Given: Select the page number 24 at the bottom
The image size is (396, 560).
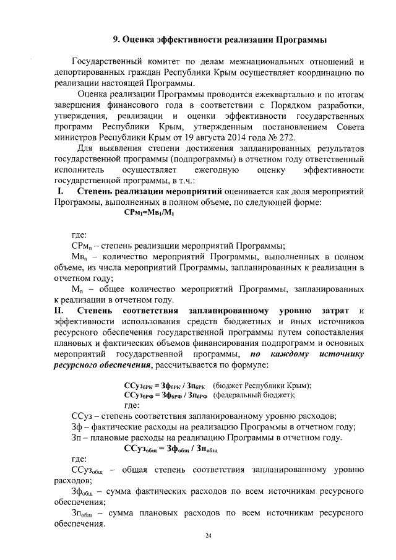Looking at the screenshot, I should coord(209,535).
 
